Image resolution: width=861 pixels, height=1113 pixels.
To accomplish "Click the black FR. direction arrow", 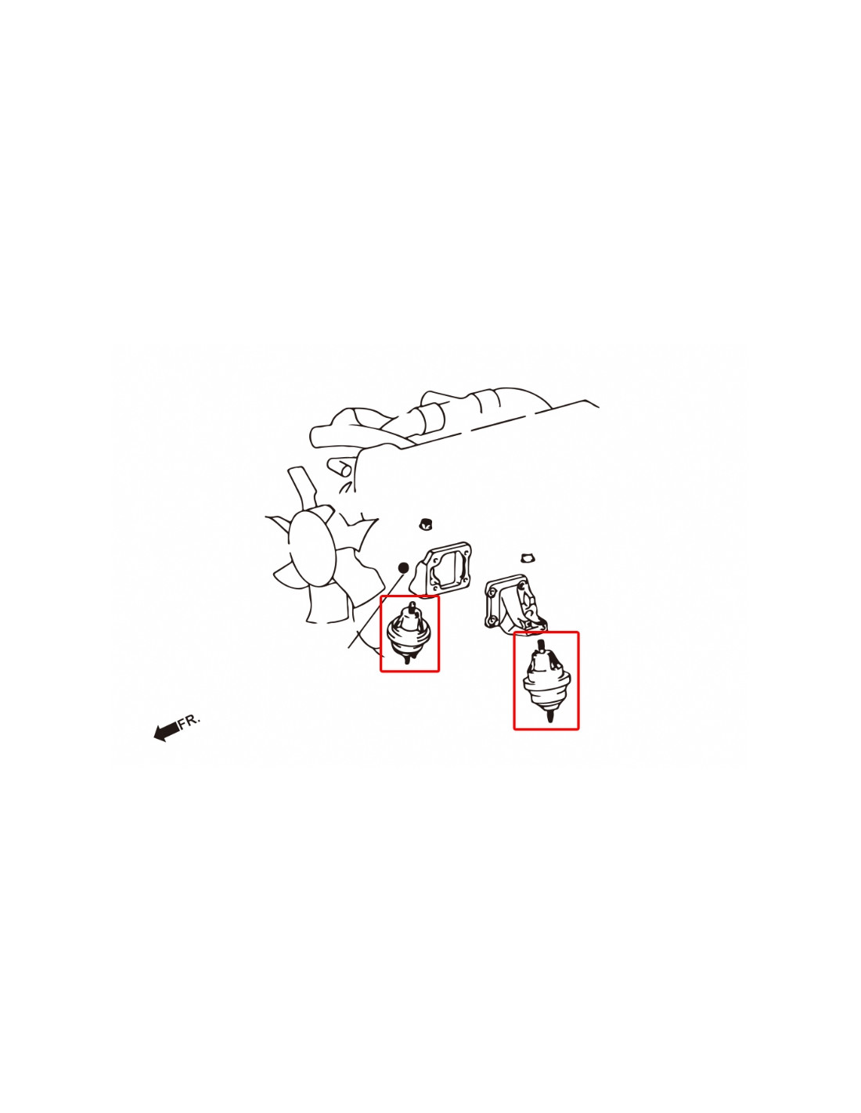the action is point(166,731).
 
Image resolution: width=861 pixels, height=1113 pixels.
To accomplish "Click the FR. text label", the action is point(189,721).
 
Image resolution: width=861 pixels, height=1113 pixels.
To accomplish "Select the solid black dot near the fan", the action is point(403,567).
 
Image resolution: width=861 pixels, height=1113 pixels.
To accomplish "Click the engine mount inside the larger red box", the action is point(546,680).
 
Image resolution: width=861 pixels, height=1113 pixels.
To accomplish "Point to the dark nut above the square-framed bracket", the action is point(424,524).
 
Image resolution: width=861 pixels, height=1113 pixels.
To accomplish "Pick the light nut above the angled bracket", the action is point(528,557).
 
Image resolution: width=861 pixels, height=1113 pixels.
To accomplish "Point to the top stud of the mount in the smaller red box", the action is point(412,607).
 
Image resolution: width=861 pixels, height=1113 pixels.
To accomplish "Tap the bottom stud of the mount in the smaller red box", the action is point(407,659).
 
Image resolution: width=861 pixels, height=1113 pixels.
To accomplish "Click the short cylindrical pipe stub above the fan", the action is point(339,467).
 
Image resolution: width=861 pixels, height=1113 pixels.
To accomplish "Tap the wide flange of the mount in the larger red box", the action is point(546,685).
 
